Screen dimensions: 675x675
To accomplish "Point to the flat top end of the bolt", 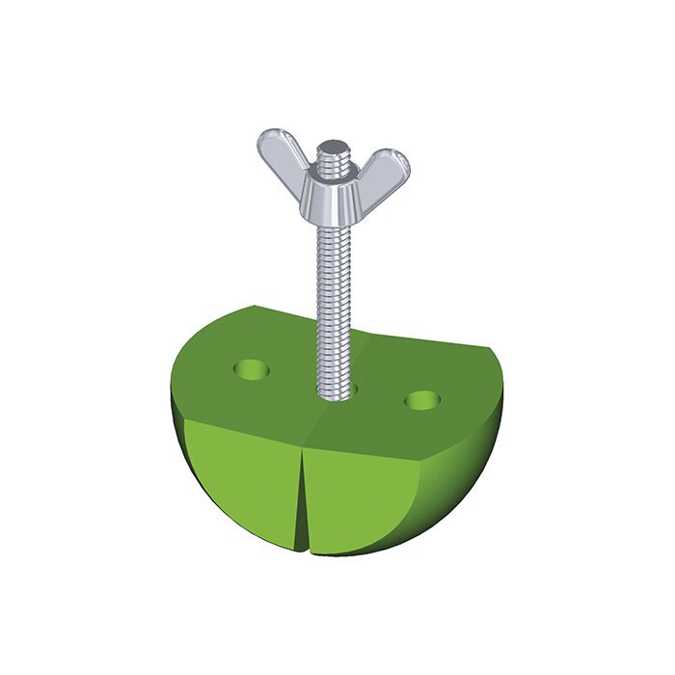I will pyautogui.click(x=333, y=147).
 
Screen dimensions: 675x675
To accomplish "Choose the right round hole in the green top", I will pyautogui.click(x=421, y=399).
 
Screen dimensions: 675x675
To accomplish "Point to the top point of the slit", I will pyautogui.click(x=301, y=445).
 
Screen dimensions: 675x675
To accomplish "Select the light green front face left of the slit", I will pyautogui.click(x=241, y=482).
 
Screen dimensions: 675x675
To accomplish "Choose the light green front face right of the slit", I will pyautogui.click(x=362, y=497).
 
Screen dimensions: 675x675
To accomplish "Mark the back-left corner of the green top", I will pyautogui.click(x=253, y=307).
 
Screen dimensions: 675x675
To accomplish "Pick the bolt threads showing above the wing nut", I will pyautogui.click(x=333, y=159).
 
